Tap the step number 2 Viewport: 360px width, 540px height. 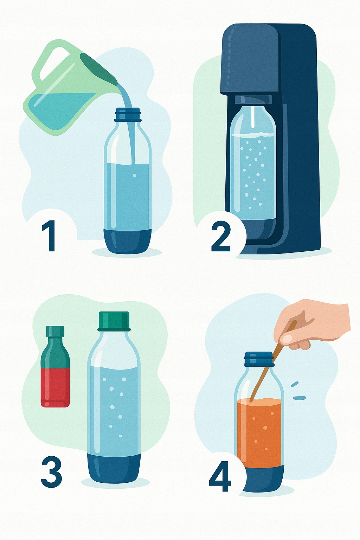[x=221, y=237]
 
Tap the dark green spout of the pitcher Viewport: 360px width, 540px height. [x=98, y=68]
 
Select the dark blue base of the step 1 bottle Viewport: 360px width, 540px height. [x=128, y=241]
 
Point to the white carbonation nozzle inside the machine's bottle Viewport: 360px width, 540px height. [x=252, y=117]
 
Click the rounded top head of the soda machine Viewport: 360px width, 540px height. [x=251, y=58]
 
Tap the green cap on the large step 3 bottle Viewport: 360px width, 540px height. [x=114, y=321]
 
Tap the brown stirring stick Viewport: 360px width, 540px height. [x=273, y=360]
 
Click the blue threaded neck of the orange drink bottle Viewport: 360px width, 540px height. [x=259, y=359]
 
